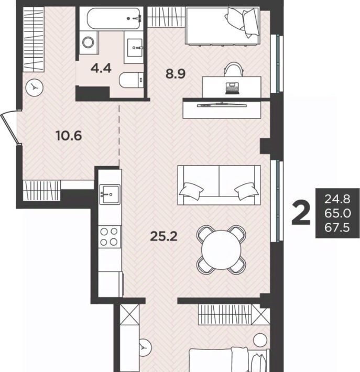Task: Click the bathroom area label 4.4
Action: click(101, 69)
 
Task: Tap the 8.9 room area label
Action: click(176, 74)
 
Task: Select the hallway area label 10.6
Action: click(69, 136)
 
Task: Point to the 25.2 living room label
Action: click(163, 236)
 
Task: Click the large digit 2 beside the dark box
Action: click(301, 213)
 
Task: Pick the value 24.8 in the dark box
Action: click(337, 199)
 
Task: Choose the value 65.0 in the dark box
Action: click(337, 213)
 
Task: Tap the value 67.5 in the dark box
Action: click(337, 228)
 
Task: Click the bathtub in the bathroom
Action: click(113, 19)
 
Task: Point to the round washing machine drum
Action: click(88, 42)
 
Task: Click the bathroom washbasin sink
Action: click(135, 48)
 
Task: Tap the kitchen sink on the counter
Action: click(110, 194)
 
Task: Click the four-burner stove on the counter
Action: click(109, 237)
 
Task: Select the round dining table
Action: click(221, 249)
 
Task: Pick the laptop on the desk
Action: click(232, 89)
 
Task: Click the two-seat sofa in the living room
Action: click(219, 185)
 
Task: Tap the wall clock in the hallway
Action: click(35, 87)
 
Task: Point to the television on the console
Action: click(222, 105)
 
